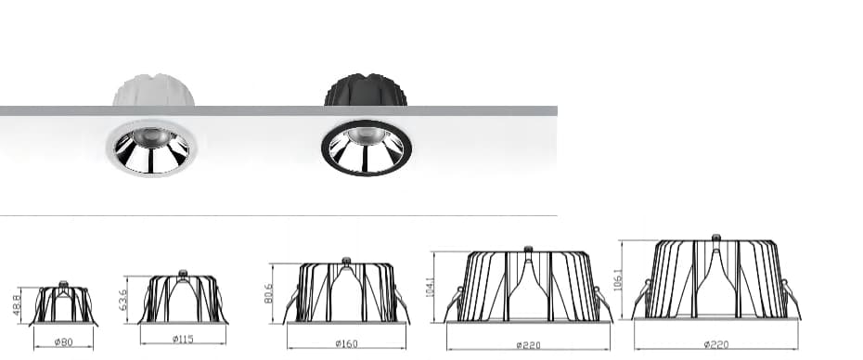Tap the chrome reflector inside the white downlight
150,152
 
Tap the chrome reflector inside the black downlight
366,152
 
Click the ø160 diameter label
347,344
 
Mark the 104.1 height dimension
431,289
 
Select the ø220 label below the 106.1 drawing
716,344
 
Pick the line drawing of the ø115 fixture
183,299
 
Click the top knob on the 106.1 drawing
715,238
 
